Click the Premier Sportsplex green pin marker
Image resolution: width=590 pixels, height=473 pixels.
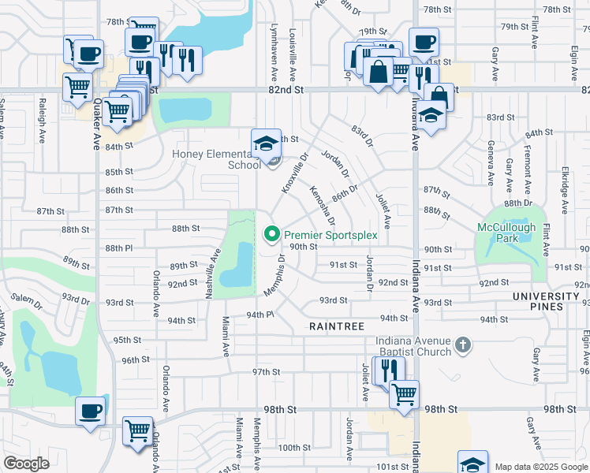273,234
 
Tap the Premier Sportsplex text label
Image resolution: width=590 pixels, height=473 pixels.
331,235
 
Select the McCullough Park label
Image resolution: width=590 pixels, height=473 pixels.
506,233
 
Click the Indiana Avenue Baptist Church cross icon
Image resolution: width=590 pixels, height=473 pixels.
463,345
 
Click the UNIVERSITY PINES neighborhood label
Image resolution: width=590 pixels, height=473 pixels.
546,302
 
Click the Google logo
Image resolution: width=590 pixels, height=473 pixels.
26,463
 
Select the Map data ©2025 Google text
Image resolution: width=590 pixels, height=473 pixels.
540,467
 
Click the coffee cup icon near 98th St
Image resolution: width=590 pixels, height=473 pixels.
90,411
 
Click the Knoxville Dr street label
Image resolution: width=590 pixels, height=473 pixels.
293,175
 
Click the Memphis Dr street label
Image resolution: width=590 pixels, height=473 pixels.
275,276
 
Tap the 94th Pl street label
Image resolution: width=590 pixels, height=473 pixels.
259,315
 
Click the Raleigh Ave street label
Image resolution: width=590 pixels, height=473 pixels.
41,120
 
